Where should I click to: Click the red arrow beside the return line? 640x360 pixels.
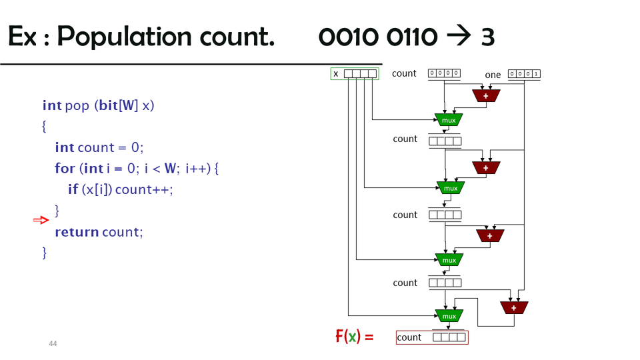pos(41,221)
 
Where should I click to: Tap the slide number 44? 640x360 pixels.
pos(53,344)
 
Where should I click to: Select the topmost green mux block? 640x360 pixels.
pos(449,120)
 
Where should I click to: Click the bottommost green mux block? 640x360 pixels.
pos(449,316)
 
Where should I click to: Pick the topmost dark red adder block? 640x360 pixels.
pos(486,96)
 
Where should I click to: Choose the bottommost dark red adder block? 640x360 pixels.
pos(514,308)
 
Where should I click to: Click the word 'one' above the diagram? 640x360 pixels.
pos(493,75)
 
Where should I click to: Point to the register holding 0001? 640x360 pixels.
pos(524,74)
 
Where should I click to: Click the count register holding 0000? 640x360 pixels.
pos(444,73)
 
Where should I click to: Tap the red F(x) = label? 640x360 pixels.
pos(354,337)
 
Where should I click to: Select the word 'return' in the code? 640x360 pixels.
pos(77,232)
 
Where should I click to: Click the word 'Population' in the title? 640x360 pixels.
pos(124,37)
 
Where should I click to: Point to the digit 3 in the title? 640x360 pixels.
pos(488,37)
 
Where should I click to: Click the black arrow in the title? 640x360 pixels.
pos(459,35)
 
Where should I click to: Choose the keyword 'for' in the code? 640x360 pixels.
pos(65,168)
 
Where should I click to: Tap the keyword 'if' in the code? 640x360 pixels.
pos(73,189)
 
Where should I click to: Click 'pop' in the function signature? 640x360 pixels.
pos(77,107)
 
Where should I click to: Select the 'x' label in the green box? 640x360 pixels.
pos(336,74)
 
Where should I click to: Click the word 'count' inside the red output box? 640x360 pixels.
pos(409,337)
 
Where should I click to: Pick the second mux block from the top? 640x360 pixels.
pos(451,188)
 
